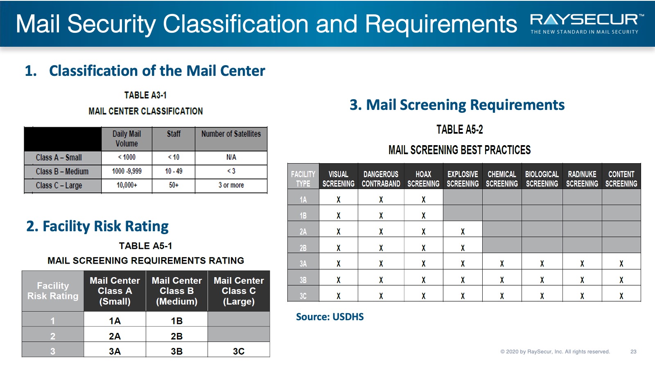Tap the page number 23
point(633,351)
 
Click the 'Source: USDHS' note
point(330,317)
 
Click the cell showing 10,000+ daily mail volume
point(127,185)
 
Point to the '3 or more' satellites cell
point(231,185)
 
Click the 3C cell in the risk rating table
point(239,351)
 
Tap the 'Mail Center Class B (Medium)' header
point(176,291)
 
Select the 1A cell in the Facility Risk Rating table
point(115,321)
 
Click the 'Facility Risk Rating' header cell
point(53,291)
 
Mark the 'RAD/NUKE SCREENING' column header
point(582,179)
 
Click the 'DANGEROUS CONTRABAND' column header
point(381,179)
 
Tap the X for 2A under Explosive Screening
point(463,232)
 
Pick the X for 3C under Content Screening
point(621,296)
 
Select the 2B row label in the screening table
point(303,248)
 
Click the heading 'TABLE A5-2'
point(460,130)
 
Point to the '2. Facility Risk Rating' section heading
point(97,226)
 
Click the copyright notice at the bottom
point(555,351)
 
